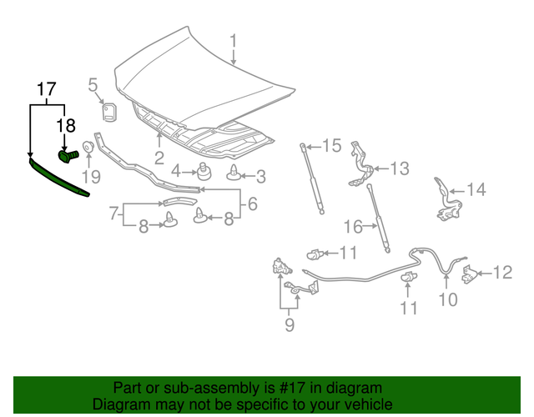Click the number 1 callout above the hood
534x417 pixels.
(x=234, y=41)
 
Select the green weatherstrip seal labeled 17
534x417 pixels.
(x=58, y=178)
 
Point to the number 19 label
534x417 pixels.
(x=90, y=176)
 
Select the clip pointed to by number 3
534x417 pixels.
(x=234, y=173)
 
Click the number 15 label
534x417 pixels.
(x=332, y=146)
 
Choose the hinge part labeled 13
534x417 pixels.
(x=360, y=167)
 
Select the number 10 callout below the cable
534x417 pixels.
(x=448, y=299)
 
